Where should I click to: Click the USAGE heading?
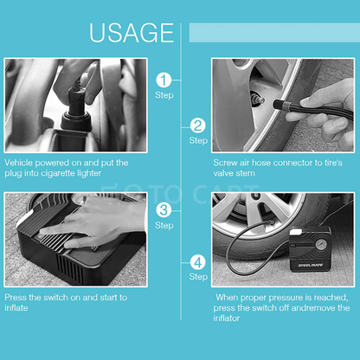[x=132, y=32]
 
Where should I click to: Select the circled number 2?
[x=198, y=125]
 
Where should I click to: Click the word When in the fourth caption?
[x=232, y=296]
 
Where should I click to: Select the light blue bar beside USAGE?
[x=268, y=32]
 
